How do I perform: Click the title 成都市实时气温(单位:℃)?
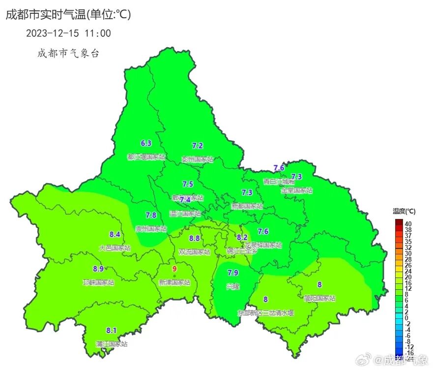pos(68,15)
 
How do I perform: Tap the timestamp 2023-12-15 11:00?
pos(68,33)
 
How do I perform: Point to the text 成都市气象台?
pos(68,53)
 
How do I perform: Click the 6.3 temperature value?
pos(146,144)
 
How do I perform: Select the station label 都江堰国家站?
pos(146,157)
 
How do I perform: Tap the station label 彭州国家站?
pos(197,159)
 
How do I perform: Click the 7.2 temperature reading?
pos(197,146)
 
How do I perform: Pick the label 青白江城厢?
pos(279,181)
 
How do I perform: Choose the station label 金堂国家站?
pos(296,190)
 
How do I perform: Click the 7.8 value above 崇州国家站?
pos(151,215)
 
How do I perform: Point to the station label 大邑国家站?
pos(115,248)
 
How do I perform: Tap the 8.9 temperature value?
pos(98,269)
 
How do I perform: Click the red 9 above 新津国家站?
pos(174,269)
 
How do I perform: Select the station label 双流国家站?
pos(194,252)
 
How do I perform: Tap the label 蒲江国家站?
pos(112,344)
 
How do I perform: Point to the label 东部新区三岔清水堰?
pos(265,312)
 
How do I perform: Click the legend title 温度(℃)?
pos(404,211)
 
